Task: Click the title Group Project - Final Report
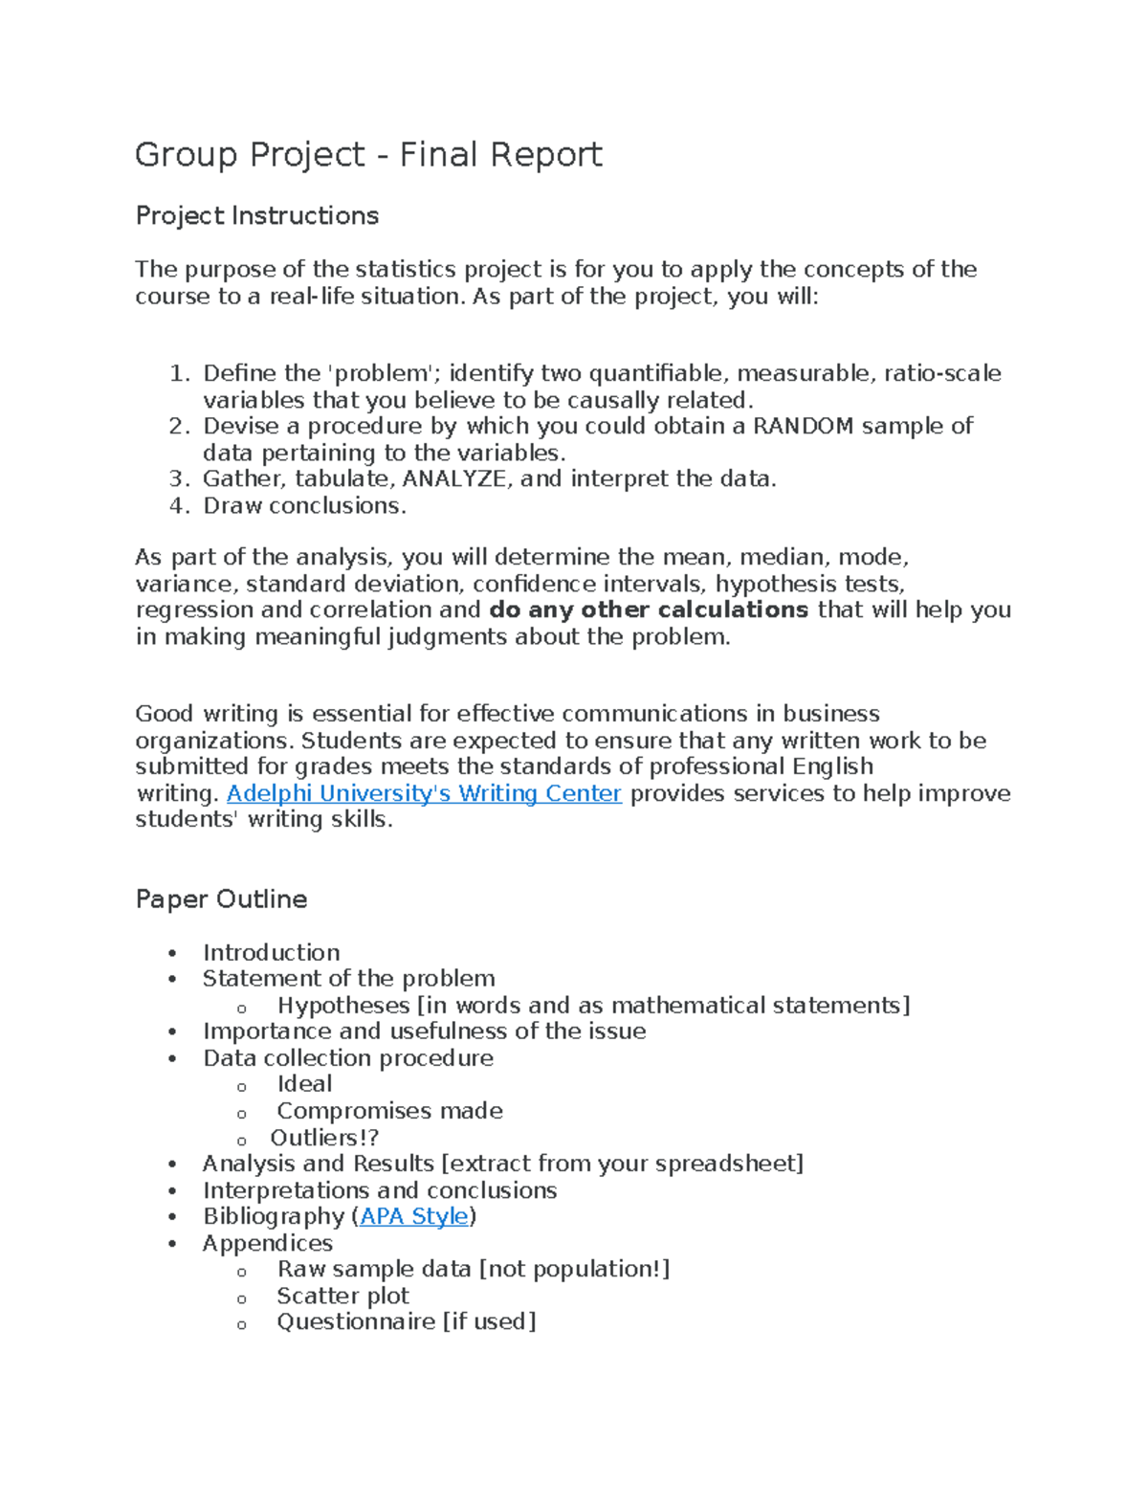click(x=368, y=155)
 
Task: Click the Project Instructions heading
click(x=256, y=216)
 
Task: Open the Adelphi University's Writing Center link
click(x=424, y=793)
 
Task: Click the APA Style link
click(x=414, y=1216)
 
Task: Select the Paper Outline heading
click(x=221, y=899)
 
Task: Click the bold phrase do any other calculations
click(x=649, y=610)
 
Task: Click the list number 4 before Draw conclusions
click(x=179, y=505)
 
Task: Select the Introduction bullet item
click(x=271, y=953)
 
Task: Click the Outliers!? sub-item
click(x=324, y=1138)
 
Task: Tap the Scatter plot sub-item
click(x=342, y=1296)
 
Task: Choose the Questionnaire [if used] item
click(x=406, y=1321)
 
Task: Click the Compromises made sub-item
click(x=389, y=1111)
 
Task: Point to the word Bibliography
click(x=274, y=1216)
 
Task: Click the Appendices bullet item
click(x=268, y=1243)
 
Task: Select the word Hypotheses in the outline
click(x=343, y=1006)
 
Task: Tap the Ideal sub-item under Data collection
click(x=304, y=1084)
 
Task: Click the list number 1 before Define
click(x=179, y=373)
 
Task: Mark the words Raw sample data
click(x=374, y=1269)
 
